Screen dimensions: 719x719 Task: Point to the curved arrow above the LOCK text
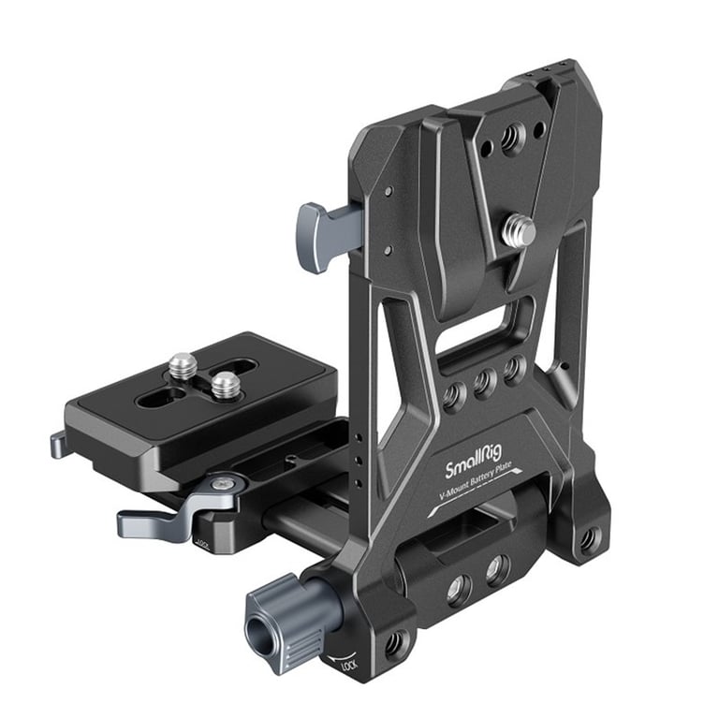(x=342, y=656)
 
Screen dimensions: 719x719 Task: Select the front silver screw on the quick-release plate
(x=225, y=384)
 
